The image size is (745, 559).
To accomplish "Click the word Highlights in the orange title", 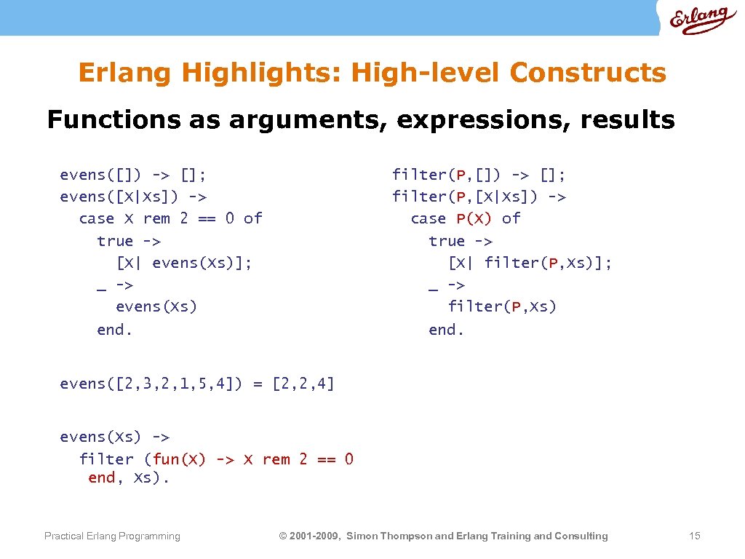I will (x=262, y=73).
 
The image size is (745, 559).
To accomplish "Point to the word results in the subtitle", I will (x=627, y=119).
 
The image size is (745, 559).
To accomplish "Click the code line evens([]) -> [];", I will (x=133, y=175).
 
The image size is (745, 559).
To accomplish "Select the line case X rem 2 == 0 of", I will (x=170, y=218).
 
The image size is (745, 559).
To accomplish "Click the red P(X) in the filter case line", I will (x=474, y=218).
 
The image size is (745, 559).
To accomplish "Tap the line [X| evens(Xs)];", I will (x=184, y=263).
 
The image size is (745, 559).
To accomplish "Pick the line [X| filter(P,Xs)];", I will (x=530, y=263).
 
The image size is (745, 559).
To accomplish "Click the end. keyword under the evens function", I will (x=115, y=330).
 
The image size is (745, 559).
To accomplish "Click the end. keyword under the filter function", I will (x=447, y=330).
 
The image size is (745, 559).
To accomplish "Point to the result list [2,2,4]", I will (x=303, y=384).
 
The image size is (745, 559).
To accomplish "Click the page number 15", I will (x=694, y=536).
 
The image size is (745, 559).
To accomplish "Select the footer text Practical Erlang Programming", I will (x=112, y=536).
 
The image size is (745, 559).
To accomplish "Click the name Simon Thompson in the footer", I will (x=389, y=536).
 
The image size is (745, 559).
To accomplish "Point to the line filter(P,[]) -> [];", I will (x=479, y=175).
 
